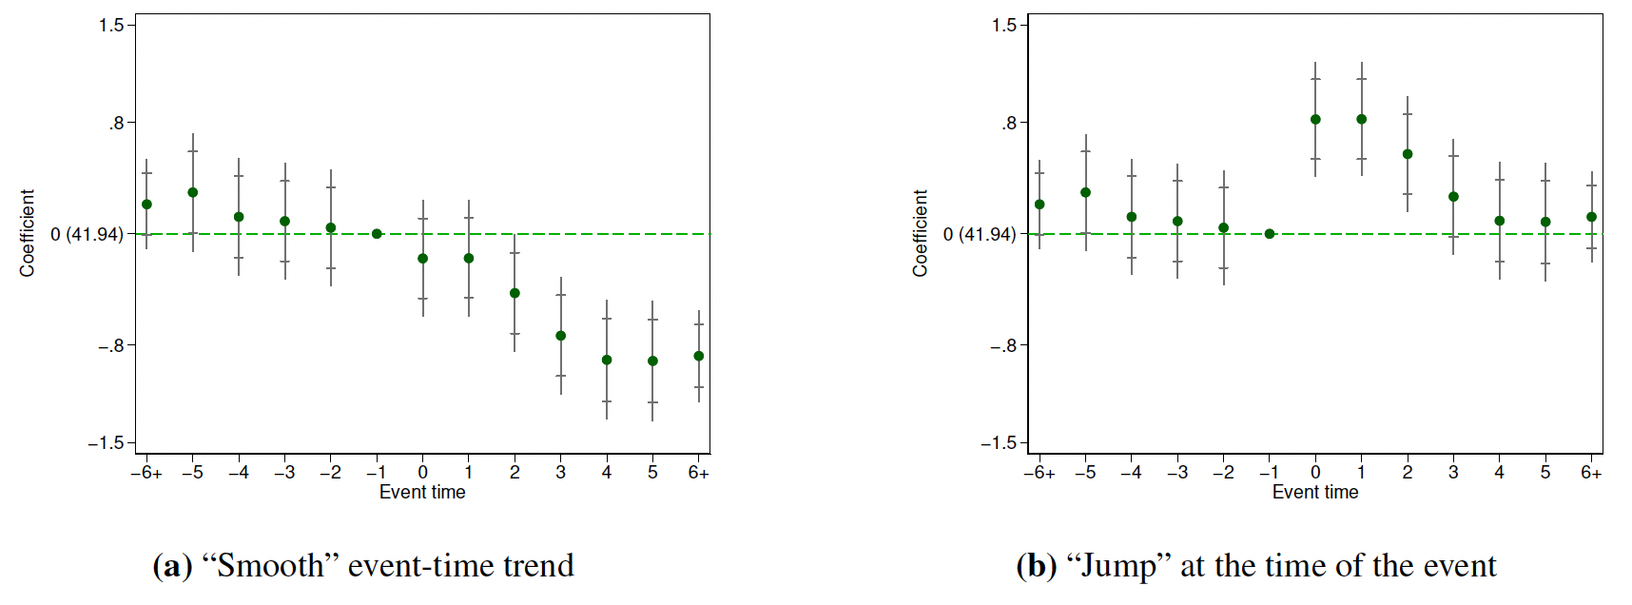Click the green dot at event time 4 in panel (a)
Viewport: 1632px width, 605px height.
[607, 360]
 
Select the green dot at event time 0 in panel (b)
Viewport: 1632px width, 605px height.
[1315, 120]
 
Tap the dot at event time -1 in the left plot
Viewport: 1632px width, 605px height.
[377, 234]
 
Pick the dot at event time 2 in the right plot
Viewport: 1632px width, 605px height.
[1408, 154]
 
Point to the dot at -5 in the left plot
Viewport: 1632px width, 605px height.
[193, 192]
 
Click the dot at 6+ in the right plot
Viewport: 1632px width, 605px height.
[1591, 217]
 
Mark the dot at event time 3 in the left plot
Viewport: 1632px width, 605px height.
[561, 336]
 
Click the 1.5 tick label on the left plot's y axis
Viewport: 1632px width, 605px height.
[111, 25]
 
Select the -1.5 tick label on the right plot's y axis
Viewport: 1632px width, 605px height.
[998, 443]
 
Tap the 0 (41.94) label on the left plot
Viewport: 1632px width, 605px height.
[87, 234]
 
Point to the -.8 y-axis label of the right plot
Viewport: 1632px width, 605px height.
[1002, 345]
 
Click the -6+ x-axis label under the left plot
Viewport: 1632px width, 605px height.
[146, 473]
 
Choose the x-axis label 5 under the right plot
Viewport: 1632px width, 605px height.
[1545, 473]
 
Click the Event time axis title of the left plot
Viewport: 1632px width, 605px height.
[422, 493]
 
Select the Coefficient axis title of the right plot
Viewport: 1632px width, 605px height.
[920, 233]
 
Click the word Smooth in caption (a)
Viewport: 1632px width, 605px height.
[270, 566]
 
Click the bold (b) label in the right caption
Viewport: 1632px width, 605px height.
[1037, 566]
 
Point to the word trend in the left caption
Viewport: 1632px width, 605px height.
[538, 566]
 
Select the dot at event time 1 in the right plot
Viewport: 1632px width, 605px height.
[1362, 120]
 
